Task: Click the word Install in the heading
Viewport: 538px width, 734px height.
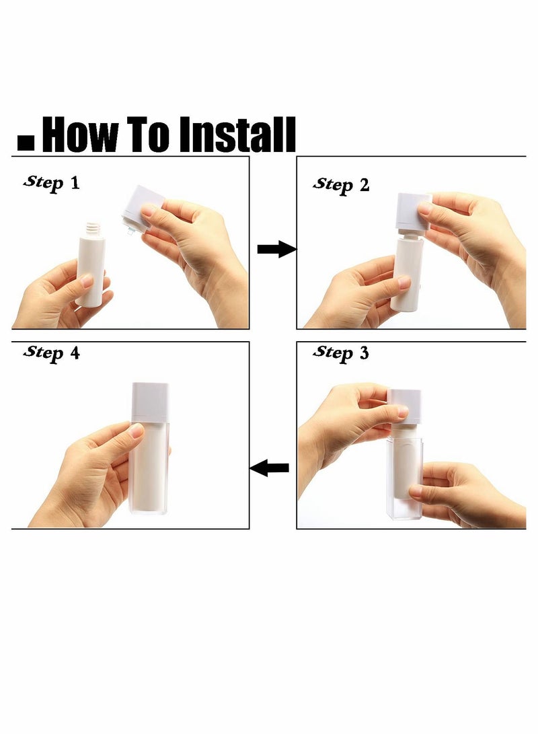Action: [x=237, y=135]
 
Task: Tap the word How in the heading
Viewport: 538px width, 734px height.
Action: [x=80, y=135]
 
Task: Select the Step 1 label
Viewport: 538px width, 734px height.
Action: [x=52, y=182]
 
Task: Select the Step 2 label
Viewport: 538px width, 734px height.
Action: [x=341, y=185]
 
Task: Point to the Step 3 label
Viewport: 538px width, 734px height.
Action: [x=341, y=353]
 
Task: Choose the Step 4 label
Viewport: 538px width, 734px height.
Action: [x=52, y=353]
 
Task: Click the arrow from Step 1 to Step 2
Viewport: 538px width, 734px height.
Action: [x=277, y=249]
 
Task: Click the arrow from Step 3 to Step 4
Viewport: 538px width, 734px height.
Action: [x=269, y=467]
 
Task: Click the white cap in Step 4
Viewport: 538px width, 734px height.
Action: [x=150, y=402]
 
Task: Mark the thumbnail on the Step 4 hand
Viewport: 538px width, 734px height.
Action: [x=136, y=430]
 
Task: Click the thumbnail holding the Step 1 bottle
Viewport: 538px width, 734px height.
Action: [x=87, y=281]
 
